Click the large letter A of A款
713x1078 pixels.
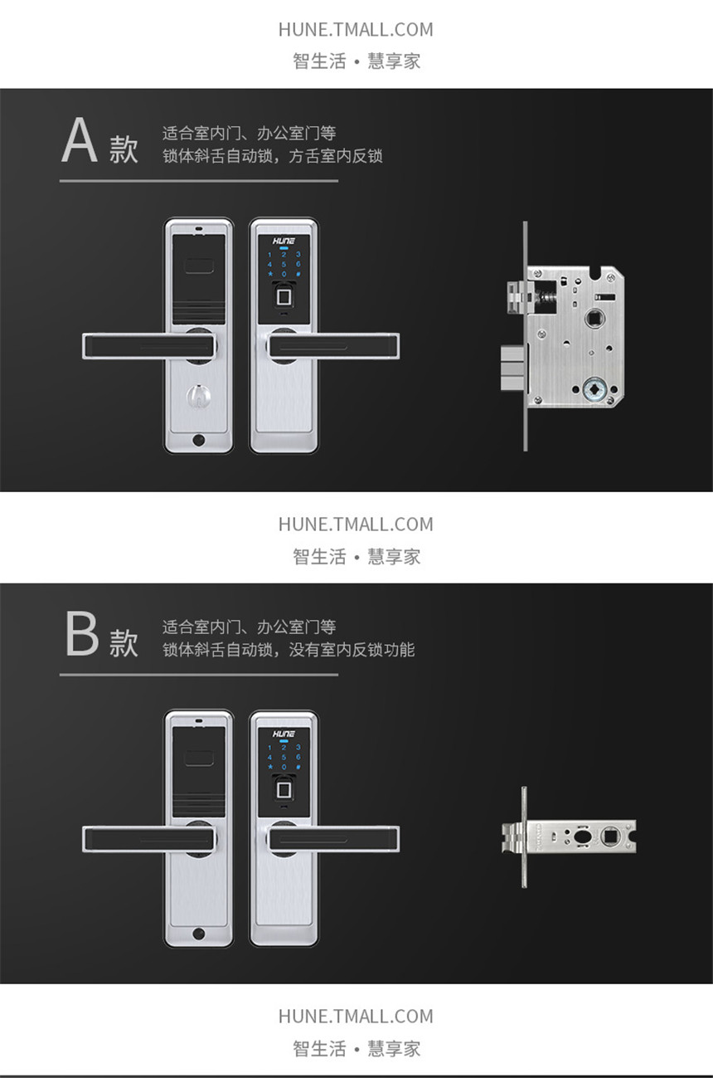point(80,139)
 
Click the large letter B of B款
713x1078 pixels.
point(82,633)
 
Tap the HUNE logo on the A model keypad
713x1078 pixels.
point(284,241)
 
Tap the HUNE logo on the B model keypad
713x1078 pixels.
point(284,734)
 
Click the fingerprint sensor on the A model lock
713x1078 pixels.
point(284,296)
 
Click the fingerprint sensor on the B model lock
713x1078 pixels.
point(284,788)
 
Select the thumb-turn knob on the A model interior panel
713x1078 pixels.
point(199,396)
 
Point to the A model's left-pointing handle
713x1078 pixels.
point(148,345)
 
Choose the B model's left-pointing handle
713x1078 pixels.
point(148,839)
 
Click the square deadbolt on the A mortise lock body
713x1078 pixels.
point(513,368)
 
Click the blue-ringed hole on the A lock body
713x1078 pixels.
point(594,389)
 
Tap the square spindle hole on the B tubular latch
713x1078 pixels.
point(610,837)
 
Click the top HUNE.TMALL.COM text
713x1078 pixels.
point(356,30)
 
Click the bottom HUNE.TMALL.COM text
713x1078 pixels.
point(356,1017)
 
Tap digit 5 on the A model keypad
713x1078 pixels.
point(284,264)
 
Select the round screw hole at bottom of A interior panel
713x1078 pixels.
point(199,440)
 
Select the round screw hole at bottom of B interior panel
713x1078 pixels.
point(199,934)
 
